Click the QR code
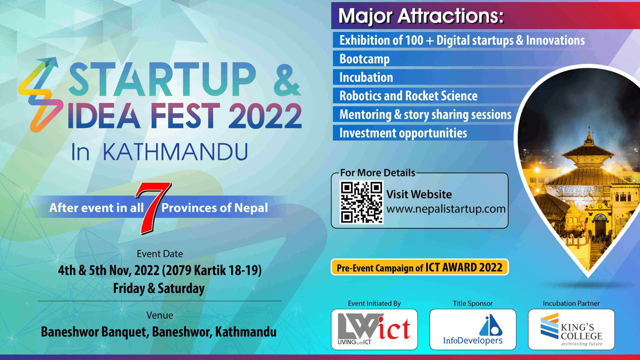361,202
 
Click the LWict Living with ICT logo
374,329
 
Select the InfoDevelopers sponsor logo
473,329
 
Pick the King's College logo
571,329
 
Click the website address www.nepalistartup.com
446,209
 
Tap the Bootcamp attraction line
364,59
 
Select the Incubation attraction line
366,77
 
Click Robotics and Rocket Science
408,96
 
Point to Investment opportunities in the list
403,133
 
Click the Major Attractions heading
421,16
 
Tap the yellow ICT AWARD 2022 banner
420,267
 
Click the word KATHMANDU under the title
175,152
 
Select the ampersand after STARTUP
287,80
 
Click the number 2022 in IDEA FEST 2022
265,116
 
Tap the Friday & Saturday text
159,288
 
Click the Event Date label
160,254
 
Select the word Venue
160,315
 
